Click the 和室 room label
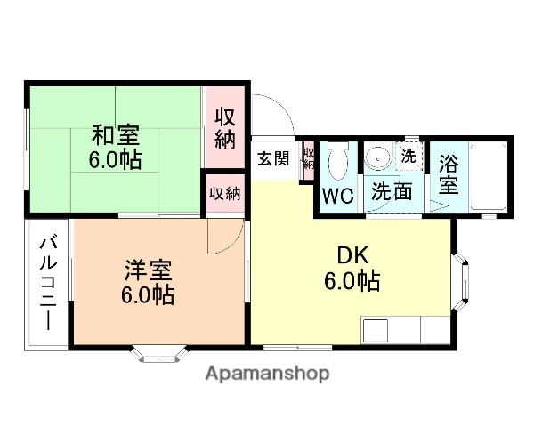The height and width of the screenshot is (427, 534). [115, 137]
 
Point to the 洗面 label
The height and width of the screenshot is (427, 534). [392, 190]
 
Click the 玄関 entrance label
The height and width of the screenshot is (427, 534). [273, 159]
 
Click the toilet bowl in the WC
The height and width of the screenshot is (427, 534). [337, 163]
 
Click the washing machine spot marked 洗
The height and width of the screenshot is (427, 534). [409, 156]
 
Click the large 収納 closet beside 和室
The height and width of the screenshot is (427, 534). [225, 127]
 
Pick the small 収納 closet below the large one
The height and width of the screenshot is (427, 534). [224, 193]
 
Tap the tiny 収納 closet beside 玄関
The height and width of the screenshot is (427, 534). [309, 158]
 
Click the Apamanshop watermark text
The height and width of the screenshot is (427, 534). [267, 374]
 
